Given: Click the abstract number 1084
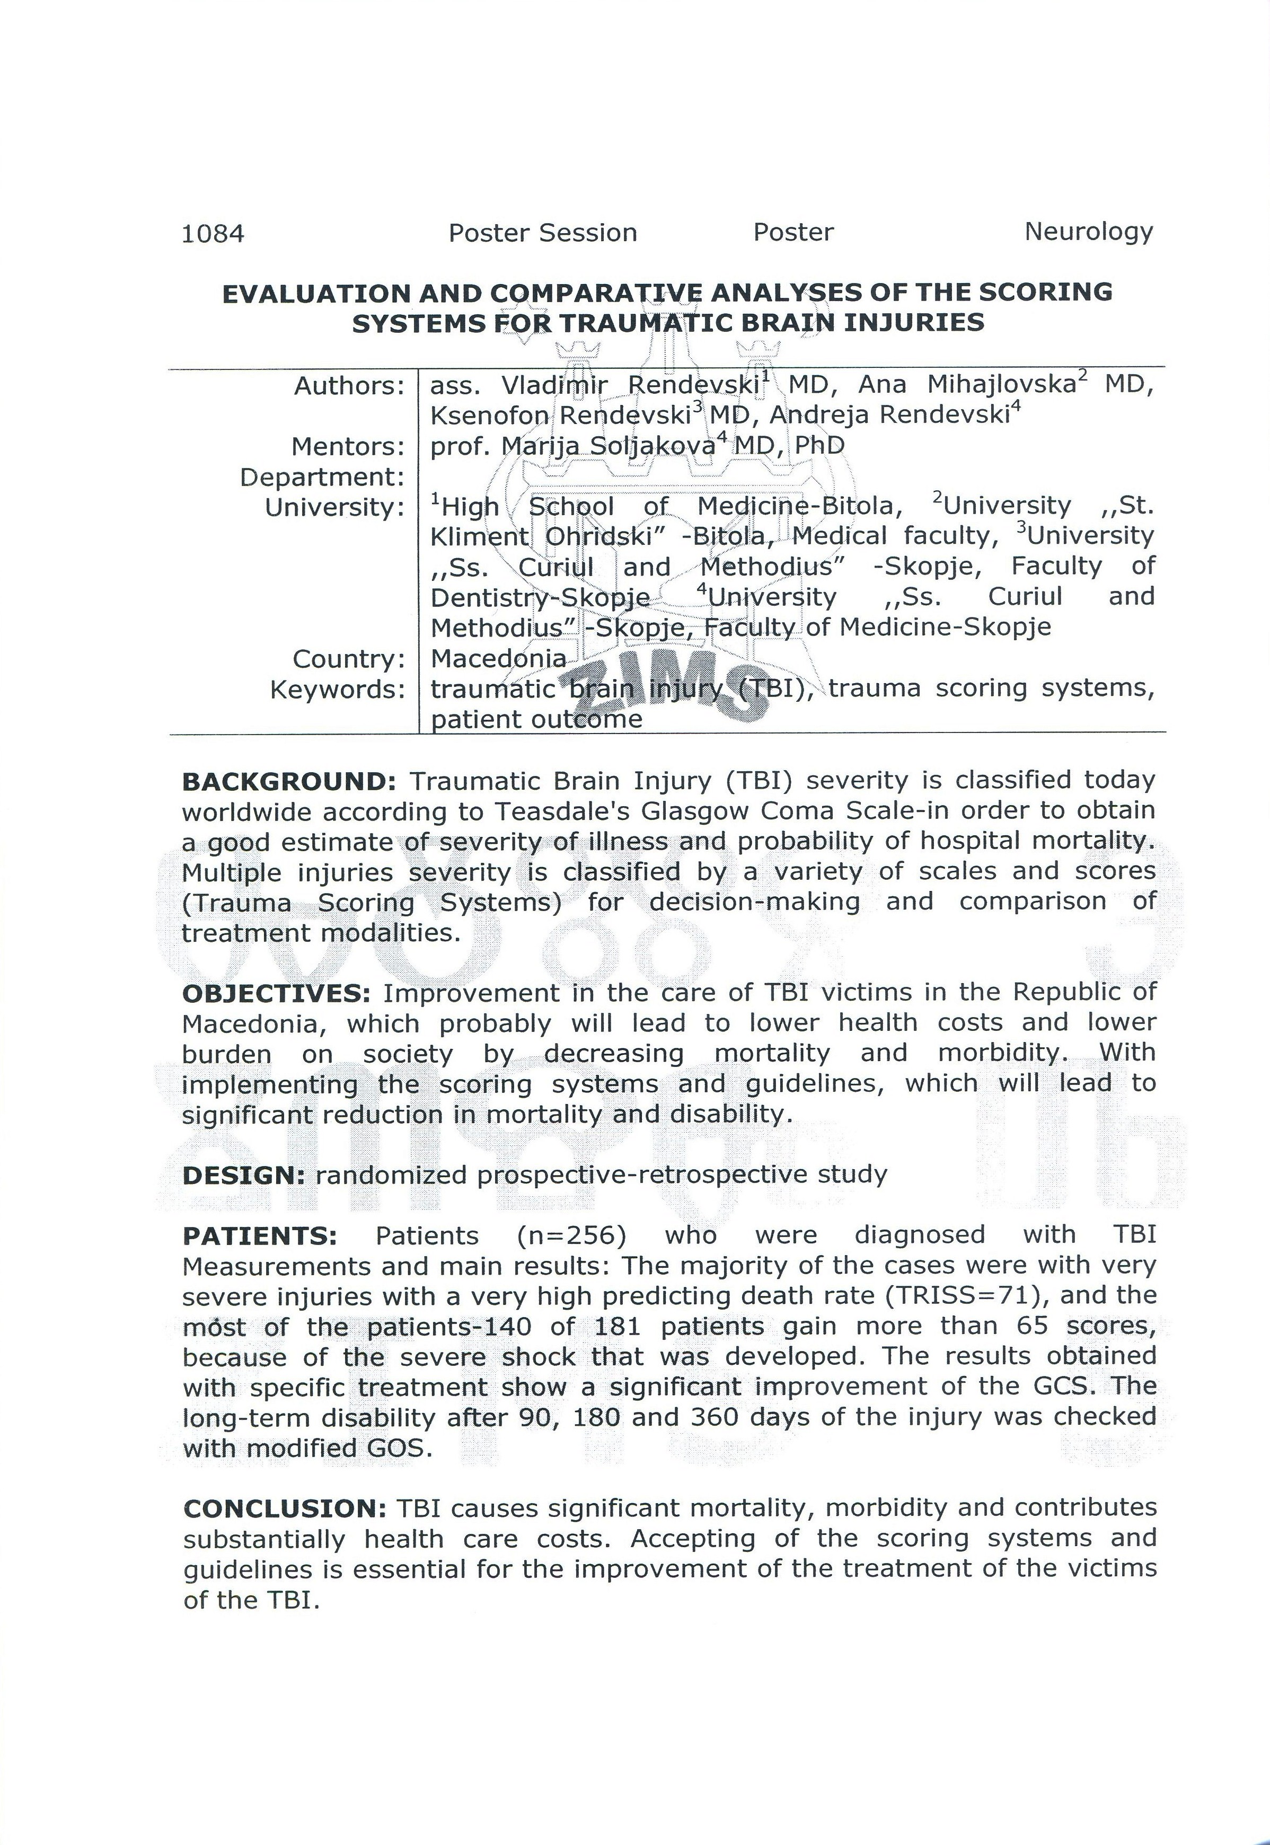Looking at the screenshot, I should coord(213,234).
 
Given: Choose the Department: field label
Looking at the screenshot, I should coord(322,478).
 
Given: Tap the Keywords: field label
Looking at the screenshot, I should coord(338,689).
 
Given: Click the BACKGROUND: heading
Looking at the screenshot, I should coord(289,781).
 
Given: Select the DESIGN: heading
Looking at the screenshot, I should coord(243,1175).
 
